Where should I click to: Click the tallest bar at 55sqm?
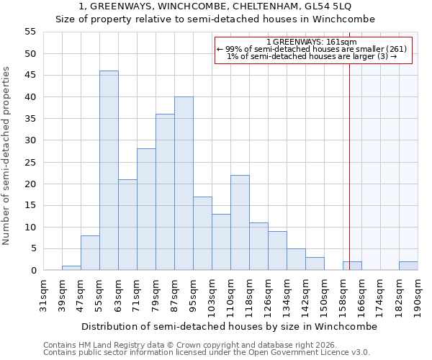109,171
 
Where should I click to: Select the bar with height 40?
184,184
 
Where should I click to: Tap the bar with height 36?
165,192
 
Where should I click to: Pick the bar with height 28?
146,210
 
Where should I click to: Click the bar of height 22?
240,222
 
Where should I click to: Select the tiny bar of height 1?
71,268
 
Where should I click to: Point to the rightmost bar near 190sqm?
408,266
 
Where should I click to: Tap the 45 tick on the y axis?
30,76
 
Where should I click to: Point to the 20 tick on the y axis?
30,184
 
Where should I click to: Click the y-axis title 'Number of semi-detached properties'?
6,156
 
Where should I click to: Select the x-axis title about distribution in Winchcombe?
229,326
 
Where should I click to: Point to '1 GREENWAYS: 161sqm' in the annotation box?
312,42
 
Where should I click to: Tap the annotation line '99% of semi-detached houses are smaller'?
312,49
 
